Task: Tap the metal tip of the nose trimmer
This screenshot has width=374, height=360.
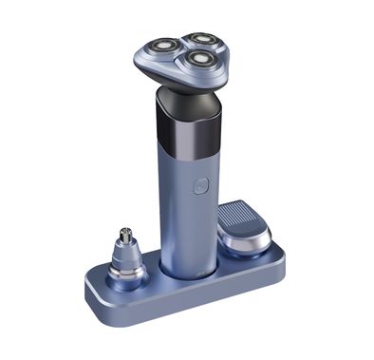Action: click(x=124, y=233)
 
